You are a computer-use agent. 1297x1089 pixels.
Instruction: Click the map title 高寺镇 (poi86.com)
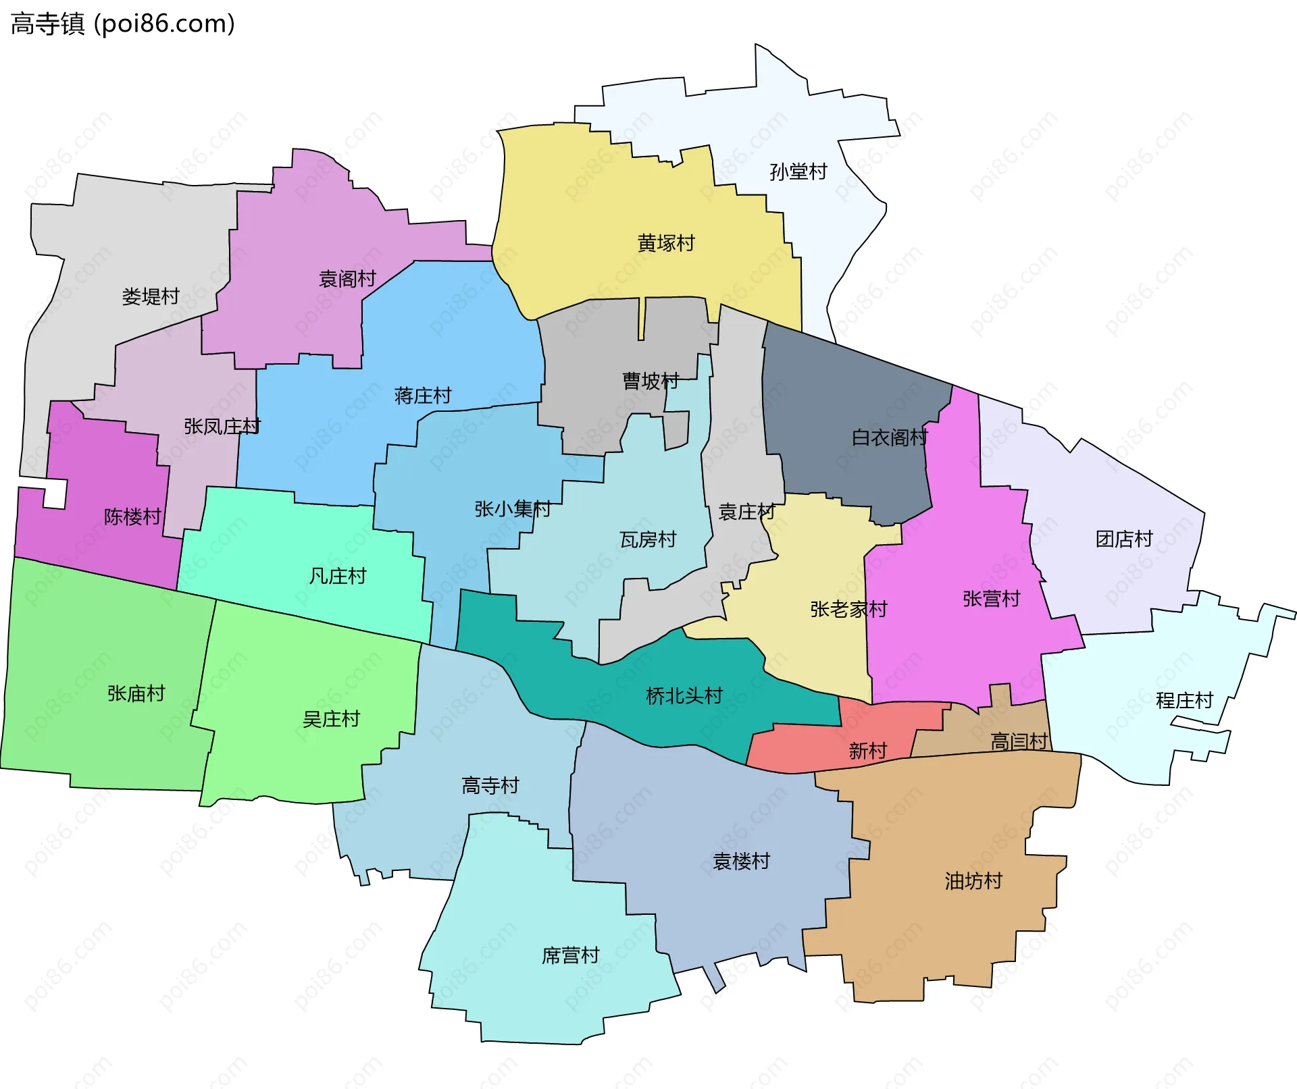(x=123, y=24)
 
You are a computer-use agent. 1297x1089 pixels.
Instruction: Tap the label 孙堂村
(x=798, y=172)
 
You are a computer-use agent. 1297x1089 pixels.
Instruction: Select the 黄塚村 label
(x=666, y=243)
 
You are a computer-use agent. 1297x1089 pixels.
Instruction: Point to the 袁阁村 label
(x=347, y=279)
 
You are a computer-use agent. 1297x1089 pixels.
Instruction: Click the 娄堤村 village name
(x=151, y=296)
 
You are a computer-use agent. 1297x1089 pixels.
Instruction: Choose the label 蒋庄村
(x=423, y=396)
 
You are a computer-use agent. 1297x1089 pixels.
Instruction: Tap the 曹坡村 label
(x=651, y=381)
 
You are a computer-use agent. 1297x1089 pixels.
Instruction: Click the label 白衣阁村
(x=890, y=437)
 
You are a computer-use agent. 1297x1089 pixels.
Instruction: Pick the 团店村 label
(x=1124, y=539)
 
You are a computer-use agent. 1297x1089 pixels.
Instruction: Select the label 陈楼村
(x=132, y=516)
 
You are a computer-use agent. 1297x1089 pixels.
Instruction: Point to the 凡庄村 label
(x=338, y=576)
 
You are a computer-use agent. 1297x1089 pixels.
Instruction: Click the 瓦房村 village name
(x=648, y=539)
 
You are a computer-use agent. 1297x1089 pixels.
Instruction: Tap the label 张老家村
(x=848, y=609)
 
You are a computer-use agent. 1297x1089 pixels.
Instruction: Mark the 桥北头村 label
(x=684, y=695)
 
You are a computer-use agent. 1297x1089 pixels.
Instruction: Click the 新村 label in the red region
(x=867, y=751)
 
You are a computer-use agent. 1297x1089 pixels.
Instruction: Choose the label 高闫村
(x=1019, y=741)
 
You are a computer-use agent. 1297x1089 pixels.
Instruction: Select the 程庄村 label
(x=1184, y=700)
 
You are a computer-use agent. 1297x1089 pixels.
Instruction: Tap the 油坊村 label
(x=973, y=880)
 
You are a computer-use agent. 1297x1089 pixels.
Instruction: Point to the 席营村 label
(x=571, y=955)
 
